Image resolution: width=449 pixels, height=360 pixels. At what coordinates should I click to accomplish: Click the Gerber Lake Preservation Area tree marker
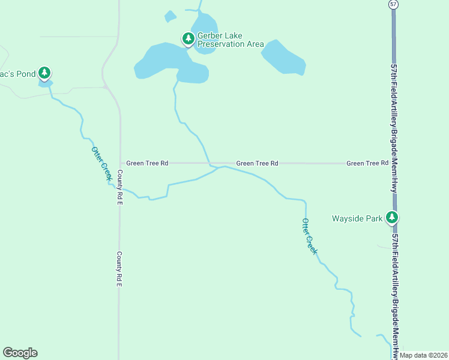188,39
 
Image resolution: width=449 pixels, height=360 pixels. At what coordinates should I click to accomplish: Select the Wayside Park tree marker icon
392,217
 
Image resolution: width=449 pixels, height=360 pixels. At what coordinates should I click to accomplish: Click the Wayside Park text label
357,219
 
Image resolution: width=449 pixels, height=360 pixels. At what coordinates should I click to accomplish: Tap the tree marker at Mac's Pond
44,73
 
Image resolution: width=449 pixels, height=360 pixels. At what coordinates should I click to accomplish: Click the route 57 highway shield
393,4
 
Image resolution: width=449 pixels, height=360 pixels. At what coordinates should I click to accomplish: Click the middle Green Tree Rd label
257,163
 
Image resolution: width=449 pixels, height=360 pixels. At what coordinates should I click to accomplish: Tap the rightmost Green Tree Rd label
367,163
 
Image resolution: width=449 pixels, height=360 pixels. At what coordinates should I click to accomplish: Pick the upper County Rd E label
119,188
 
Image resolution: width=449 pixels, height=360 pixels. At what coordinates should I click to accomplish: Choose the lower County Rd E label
119,269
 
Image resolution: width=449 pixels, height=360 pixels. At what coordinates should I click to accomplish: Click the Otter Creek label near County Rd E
101,163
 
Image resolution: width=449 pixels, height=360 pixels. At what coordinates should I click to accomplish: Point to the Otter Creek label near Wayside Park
309,236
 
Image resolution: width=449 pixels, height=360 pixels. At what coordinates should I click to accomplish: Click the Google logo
20,353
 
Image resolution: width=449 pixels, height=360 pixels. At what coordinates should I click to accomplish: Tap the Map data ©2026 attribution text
423,355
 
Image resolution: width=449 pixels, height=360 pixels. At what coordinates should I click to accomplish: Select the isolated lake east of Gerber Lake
283,58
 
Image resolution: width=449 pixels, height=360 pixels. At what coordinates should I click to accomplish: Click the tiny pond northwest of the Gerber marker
170,17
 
